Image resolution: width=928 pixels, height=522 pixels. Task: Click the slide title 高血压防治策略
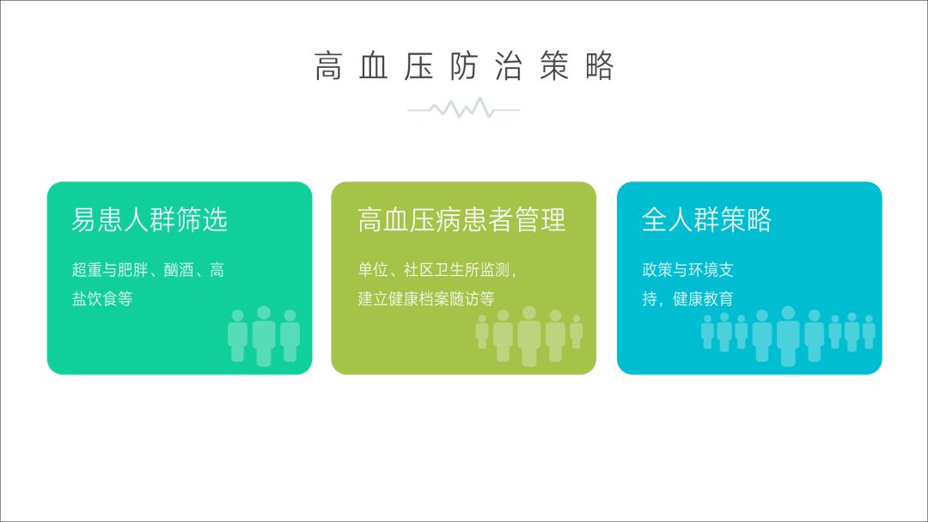point(464,65)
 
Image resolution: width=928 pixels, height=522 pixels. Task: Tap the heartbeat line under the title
point(463,109)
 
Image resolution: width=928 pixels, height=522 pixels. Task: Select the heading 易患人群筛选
point(150,219)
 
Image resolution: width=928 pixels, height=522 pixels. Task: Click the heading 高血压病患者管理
point(461,219)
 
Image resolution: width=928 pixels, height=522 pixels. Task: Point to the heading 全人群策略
point(706,219)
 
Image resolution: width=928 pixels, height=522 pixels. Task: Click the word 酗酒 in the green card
point(178,270)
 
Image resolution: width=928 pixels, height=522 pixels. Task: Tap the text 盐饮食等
point(101,298)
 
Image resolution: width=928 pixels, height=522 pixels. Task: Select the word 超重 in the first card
point(87,270)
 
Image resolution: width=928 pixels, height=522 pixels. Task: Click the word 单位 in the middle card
point(373,270)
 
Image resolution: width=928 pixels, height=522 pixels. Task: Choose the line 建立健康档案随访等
point(426,298)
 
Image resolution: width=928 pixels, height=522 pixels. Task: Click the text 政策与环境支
point(687,270)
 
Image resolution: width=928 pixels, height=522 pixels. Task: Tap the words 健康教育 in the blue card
point(703,298)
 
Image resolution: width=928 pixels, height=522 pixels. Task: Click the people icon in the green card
point(264,336)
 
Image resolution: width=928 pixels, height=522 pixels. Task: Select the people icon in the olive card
point(529,336)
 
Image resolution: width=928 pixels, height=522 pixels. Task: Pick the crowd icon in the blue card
point(788,336)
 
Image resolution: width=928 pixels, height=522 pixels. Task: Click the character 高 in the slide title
point(328,65)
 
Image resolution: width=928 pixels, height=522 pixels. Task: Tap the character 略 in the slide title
point(600,65)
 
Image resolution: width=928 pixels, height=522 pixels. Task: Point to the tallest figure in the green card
point(264,336)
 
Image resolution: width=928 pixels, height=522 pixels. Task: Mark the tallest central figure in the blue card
point(788,336)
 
